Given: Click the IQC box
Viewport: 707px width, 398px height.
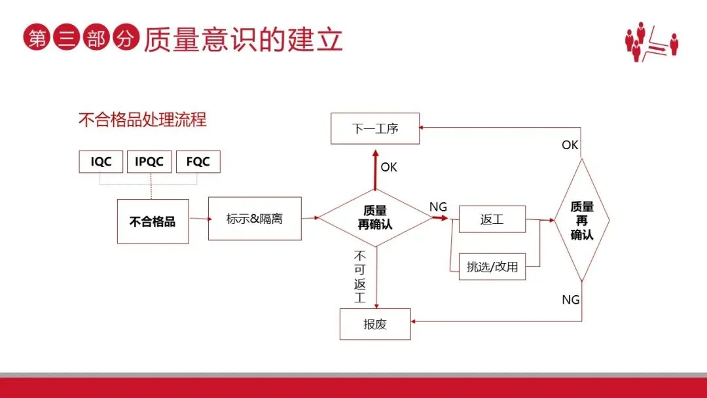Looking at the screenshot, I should pyautogui.click(x=101, y=162).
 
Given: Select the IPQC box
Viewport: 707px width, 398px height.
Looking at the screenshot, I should pyautogui.click(x=149, y=162).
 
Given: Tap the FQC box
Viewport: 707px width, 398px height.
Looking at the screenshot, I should pyautogui.click(x=198, y=162).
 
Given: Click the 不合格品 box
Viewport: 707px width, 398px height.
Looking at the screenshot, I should pyautogui.click(x=153, y=221).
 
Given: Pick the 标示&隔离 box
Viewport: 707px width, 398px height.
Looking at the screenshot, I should pyautogui.click(x=255, y=219).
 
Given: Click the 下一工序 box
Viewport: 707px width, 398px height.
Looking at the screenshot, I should pyautogui.click(x=375, y=128).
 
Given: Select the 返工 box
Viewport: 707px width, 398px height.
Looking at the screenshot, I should pyautogui.click(x=492, y=219).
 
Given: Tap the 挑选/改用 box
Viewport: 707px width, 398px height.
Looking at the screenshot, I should pyautogui.click(x=492, y=266).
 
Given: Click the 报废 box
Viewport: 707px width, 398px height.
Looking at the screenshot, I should pyautogui.click(x=375, y=324).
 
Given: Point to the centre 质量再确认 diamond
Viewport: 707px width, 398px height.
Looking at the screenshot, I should pyautogui.click(x=375, y=217).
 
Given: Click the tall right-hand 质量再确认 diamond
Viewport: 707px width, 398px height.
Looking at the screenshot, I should pyautogui.click(x=582, y=221).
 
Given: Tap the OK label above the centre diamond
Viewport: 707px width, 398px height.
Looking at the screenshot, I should pyautogui.click(x=389, y=168).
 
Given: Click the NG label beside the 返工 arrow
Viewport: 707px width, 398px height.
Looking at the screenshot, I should pyautogui.click(x=438, y=207).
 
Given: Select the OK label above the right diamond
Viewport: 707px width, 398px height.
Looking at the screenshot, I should pyautogui.click(x=570, y=145).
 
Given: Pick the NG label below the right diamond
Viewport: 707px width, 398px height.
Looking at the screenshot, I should pyautogui.click(x=571, y=300).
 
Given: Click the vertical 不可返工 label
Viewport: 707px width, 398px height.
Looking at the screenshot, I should pyautogui.click(x=360, y=277).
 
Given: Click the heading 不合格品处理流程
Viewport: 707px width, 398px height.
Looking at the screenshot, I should pyautogui.click(x=142, y=120).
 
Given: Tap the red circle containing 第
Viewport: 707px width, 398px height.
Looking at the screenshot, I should pyautogui.click(x=37, y=39).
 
